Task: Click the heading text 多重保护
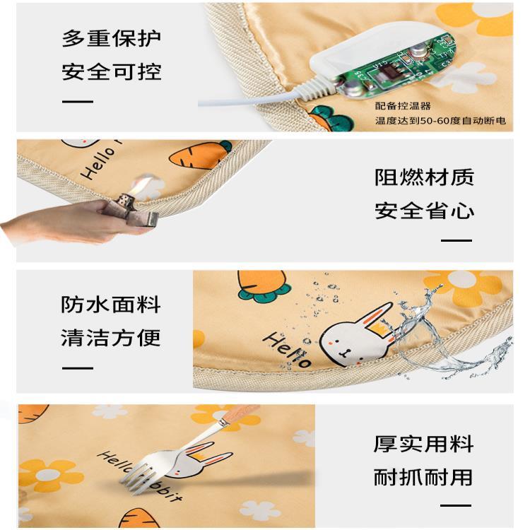[111, 39]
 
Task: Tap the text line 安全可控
[111, 71]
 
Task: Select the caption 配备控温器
[403, 106]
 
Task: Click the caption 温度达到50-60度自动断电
[440, 120]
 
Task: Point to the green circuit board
[399, 68]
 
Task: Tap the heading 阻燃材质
[424, 177]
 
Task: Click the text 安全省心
[424, 211]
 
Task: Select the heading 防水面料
[110, 304]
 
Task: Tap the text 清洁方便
[110, 337]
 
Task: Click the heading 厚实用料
[423, 444]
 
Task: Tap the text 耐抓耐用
[423, 477]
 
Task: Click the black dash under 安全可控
[78, 101]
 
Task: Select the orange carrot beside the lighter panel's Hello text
[199, 155]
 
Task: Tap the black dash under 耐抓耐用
[456, 506]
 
